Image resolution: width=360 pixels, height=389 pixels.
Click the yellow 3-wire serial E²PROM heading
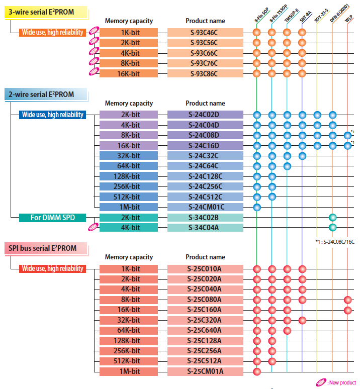[46, 13]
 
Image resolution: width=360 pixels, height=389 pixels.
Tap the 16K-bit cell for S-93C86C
[129, 74]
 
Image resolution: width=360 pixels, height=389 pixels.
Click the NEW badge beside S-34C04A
[94, 227]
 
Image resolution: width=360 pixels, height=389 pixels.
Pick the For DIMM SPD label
[53, 218]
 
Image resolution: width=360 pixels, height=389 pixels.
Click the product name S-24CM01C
[205, 207]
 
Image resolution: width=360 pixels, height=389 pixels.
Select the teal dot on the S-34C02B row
[332, 217]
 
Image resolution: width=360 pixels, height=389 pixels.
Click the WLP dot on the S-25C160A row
[347, 310]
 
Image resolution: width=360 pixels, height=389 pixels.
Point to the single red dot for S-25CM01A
[257, 371]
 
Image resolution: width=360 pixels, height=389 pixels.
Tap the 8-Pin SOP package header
[262, 15]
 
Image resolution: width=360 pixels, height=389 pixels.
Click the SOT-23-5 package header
[321, 16]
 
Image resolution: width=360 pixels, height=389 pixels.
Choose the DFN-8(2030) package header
[339, 13]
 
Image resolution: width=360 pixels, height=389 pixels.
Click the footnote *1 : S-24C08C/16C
[335, 242]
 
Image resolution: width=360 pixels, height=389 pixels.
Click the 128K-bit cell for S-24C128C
[129, 176]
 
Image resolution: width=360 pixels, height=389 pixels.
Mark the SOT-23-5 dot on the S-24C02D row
[317, 115]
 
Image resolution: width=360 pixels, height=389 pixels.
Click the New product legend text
[342, 383]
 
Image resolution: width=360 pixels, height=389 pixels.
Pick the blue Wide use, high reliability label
[53, 115]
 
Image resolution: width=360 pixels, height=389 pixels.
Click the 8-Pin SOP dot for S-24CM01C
[257, 207]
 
